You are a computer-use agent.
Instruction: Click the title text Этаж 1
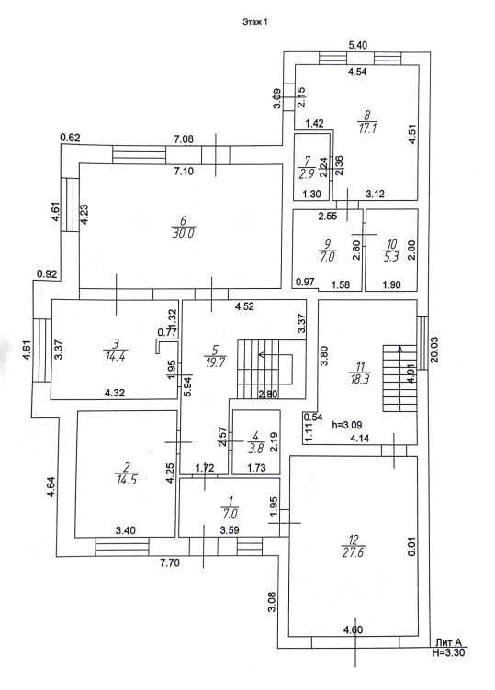[254, 22]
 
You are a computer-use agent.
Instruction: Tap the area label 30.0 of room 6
[183, 233]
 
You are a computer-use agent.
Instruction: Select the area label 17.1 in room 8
[366, 128]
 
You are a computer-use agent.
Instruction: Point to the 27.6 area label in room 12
[353, 552]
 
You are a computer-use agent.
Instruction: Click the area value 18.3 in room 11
[360, 379]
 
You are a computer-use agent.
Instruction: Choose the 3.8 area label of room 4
[255, 450]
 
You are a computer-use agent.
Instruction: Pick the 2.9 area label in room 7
[307, 173]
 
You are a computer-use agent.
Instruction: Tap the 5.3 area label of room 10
[391, 256]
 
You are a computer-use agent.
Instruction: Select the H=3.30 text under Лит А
[448, 652]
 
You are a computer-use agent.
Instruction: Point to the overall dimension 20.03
[434, 350]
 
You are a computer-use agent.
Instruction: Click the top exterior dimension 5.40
[357, 45]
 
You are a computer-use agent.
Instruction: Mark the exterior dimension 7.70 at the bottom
[170, 562]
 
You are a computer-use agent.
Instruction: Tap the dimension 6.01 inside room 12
[412, 546]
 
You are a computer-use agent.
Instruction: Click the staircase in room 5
[271, 369]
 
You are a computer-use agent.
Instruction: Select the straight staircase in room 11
[399, 378]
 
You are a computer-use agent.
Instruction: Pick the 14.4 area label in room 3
[116, 356]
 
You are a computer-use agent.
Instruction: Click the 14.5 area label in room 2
[127, 480]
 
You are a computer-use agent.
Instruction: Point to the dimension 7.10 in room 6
[184, 172]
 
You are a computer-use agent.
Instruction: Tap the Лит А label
[448, 643]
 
